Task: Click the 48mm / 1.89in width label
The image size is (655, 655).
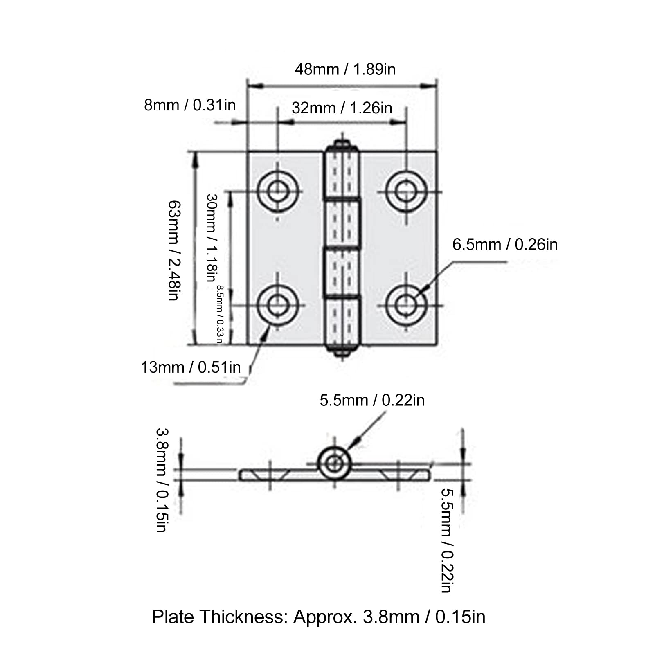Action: (345, 69)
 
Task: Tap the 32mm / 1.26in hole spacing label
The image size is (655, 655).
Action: (342, 108)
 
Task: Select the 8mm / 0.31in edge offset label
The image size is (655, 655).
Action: (190, 105)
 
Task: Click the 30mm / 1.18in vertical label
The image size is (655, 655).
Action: (211, 238)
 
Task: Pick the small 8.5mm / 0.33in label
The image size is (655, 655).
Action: (220, 314)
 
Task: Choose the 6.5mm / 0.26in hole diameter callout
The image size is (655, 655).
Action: (505, 245)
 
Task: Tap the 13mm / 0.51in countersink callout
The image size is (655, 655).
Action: (191, 367)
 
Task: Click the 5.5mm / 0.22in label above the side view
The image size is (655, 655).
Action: (372, 400)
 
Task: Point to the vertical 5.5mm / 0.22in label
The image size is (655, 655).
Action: (447, 540)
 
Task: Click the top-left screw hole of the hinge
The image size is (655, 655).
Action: (278, 191)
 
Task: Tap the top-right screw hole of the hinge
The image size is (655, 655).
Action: (406, 191)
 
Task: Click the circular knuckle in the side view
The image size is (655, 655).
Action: (335, 464)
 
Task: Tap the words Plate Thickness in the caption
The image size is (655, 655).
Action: (220, 617)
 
